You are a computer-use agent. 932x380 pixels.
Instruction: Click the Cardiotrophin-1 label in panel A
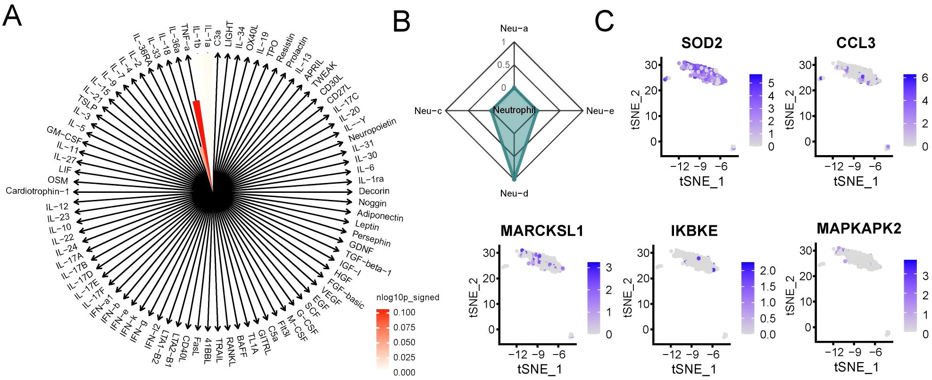coord(37,191)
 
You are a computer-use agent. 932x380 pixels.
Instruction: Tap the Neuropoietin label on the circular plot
coord(372,129)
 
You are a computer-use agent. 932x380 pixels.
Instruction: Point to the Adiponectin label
coord(380,216)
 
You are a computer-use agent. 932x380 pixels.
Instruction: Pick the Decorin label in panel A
coord(374,191)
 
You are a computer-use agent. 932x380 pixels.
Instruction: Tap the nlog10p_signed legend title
coord(408,297)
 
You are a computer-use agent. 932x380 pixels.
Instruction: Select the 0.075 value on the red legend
coord(404,327)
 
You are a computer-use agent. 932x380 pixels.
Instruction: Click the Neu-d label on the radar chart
coord(514,193)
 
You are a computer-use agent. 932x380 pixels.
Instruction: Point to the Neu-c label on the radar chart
coord(428,111)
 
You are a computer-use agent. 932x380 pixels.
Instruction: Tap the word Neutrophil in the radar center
coord(514,110)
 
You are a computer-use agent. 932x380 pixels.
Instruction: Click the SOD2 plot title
coord(701,43)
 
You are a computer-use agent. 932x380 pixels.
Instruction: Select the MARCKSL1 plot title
coord(542,231)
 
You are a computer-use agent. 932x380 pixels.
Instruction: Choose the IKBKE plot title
coord(694,231)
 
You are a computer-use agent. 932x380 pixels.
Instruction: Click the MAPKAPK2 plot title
coord(859,229)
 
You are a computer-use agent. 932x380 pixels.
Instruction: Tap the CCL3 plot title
coord(856,43)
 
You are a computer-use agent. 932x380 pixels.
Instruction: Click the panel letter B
coord(401,22)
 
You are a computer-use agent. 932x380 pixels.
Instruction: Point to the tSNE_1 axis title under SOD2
coord(701,182)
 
